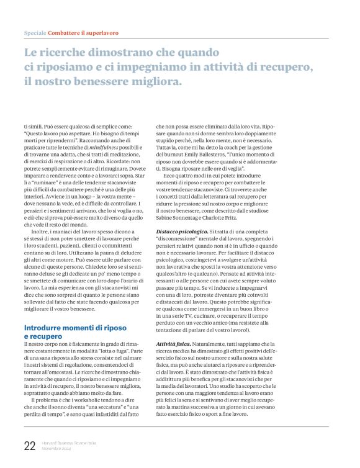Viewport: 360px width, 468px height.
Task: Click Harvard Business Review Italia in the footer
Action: click(x=68, y=443)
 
